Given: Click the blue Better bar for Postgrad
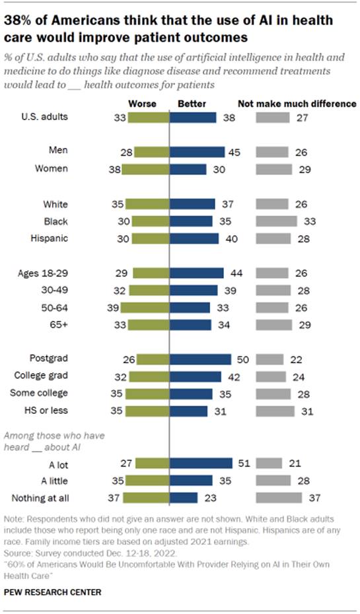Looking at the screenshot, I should click(201, 359).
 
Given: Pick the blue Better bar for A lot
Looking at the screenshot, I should click(201, 463).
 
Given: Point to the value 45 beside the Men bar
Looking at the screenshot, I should click(234, 152).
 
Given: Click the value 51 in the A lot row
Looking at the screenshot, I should click(242, 463).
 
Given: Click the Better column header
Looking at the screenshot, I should click(192, 104).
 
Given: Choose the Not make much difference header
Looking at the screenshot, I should click(297, 104).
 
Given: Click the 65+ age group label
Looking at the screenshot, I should click(57, 325).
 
